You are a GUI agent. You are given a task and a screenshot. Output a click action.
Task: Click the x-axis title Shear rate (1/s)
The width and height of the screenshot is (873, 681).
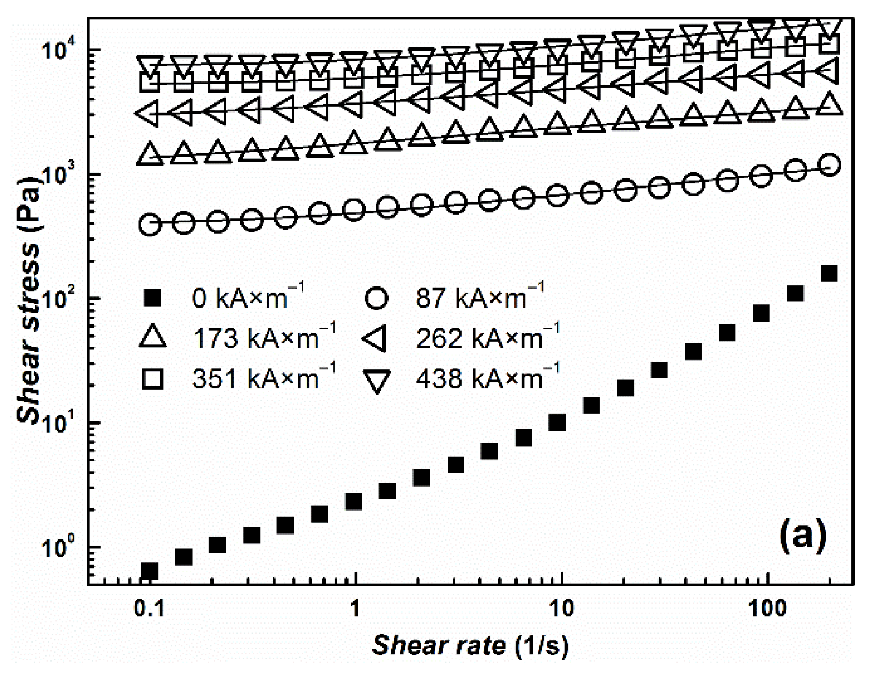[470, 645]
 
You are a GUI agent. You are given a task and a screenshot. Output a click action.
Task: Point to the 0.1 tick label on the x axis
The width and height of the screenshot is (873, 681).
[149, 609]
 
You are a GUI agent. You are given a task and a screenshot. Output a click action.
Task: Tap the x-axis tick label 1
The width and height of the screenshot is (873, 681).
[355, 609]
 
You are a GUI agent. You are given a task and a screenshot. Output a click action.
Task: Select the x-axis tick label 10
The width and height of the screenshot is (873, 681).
[561, 609]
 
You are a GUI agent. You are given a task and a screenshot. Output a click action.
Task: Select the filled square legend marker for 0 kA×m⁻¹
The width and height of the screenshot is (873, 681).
[153, 298]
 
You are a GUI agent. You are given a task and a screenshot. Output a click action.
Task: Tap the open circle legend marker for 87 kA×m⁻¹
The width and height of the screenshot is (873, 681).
[376, 298]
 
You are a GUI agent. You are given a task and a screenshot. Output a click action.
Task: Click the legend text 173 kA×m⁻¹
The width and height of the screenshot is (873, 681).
[264, 338]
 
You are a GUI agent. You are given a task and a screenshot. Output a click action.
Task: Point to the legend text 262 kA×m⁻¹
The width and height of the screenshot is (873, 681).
[488, 338]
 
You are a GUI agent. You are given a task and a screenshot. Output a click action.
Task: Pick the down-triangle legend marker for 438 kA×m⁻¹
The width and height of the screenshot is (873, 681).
[376, 381]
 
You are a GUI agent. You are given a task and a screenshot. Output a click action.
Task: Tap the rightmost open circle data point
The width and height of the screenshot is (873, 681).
[830, 165]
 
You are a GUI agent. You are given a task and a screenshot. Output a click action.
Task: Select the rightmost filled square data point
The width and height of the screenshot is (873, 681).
[830, 274]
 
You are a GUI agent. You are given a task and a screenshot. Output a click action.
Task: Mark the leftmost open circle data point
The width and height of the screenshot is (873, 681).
[150, 225]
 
